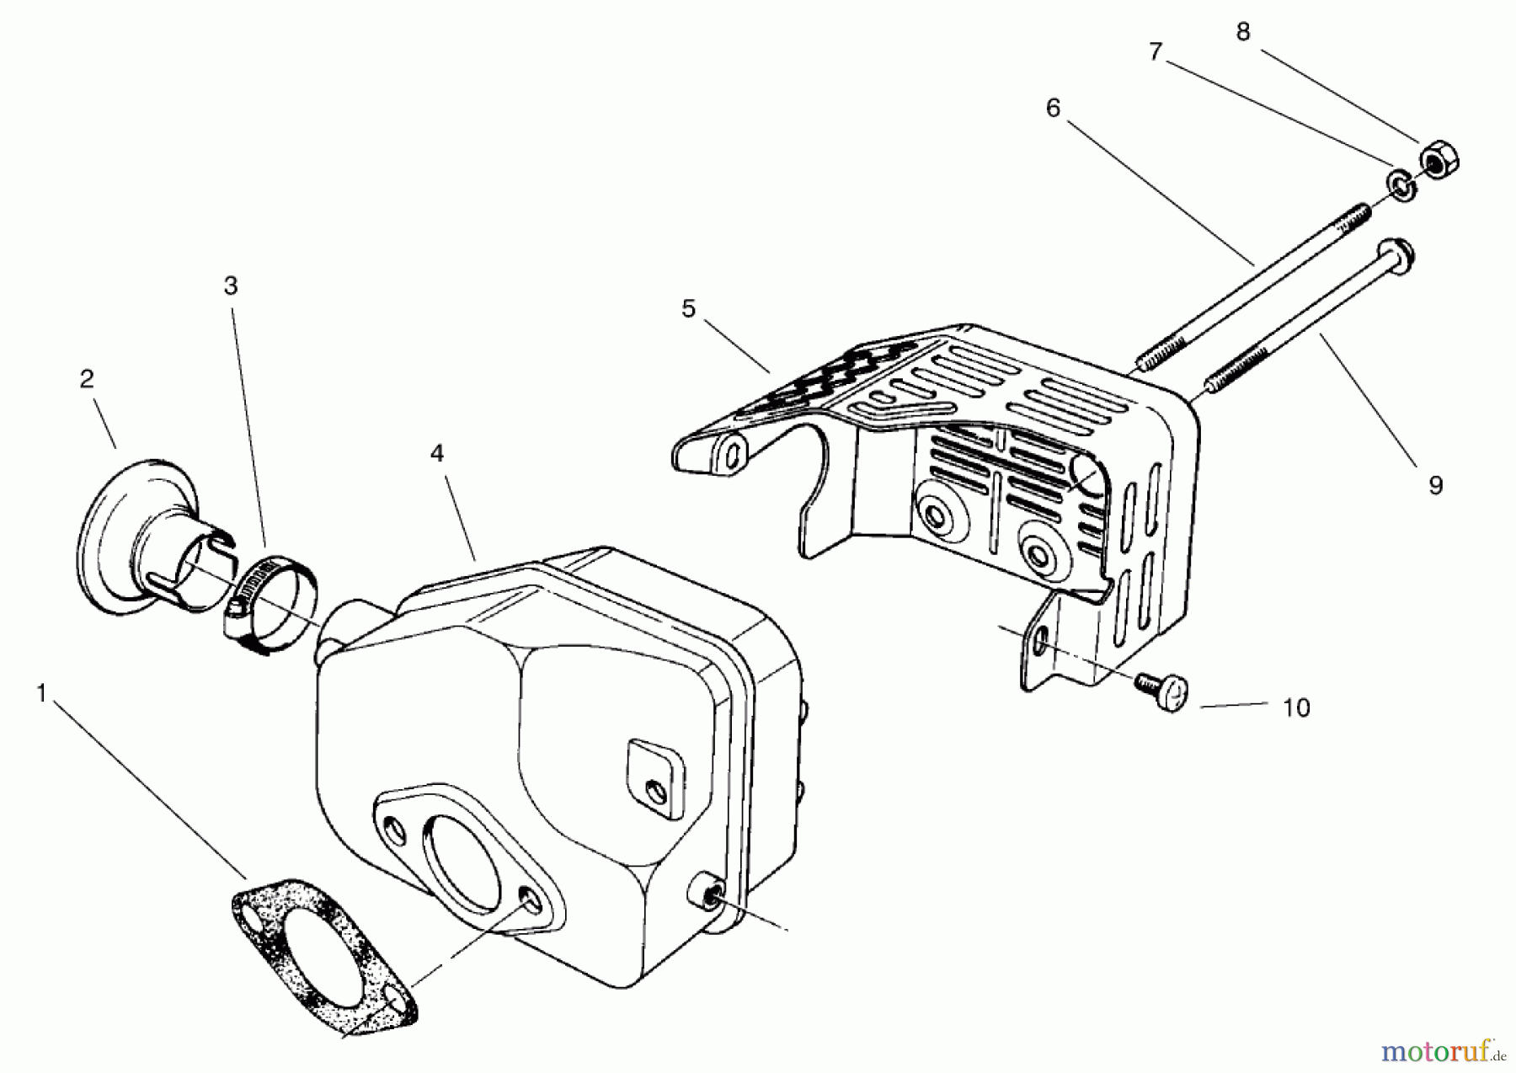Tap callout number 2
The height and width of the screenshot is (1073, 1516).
[x=87, y=380]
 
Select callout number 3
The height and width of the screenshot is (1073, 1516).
[x=231, y=286]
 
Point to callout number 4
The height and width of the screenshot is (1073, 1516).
[x=436, y=454]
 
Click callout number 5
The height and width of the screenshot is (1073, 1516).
[x=689, y=309]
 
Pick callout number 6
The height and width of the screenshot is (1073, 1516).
[x=1053, y=109]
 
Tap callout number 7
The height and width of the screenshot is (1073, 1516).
[x=1156, y=52]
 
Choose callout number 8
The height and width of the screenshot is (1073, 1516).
[x=1243, y=32]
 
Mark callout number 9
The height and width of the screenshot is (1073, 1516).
[x=1435, y=485]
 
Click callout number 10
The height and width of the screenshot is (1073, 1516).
[x=1296, y=708]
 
